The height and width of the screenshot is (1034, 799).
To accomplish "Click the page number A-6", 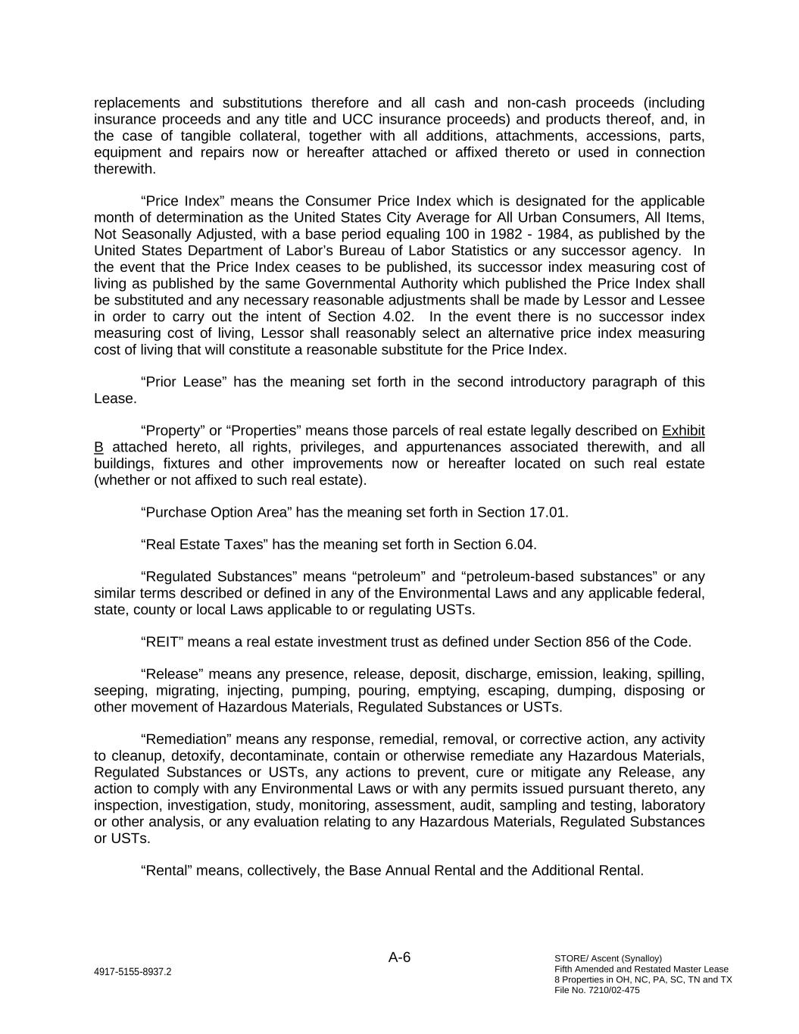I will [399, 957].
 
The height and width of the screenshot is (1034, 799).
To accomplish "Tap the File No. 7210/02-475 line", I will [597, 990].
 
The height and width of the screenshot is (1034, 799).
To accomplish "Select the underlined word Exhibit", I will [683, 431].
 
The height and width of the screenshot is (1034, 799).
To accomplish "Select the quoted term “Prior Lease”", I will [184, 382].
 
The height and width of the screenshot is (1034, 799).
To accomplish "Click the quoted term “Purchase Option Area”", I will [216, 513].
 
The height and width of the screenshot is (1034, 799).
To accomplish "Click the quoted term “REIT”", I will [162, 642].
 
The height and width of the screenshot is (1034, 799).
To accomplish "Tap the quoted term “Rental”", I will [167, 871].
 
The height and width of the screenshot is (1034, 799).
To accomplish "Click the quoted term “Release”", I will [173, 674].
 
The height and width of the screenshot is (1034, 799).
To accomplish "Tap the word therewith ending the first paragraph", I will [124, 169].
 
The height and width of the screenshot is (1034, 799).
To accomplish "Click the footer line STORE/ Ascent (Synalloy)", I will [608, 958].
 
